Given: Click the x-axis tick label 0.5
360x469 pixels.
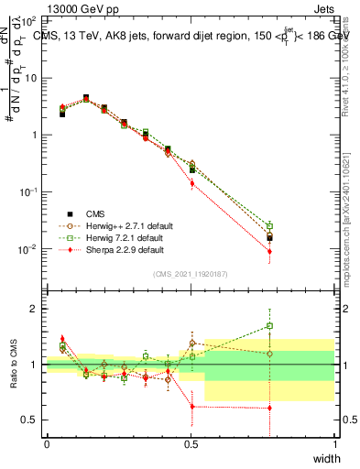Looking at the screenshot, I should click(x=191, y=443).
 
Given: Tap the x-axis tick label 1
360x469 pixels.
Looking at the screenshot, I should click(x=334, y=443).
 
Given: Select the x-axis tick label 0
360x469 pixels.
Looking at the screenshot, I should click(x=47, y=443).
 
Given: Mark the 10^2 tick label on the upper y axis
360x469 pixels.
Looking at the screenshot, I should click(x=27, y=20).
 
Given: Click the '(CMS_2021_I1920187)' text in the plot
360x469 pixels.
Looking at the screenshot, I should click(x=191, y=274).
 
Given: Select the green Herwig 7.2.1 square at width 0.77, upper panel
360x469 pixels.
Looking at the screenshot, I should click(x=269, y=225).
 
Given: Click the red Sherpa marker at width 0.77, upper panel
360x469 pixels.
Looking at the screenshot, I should click(x=269, y=251).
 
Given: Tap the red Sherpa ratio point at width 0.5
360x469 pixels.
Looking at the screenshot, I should click(x=191, y=406).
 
